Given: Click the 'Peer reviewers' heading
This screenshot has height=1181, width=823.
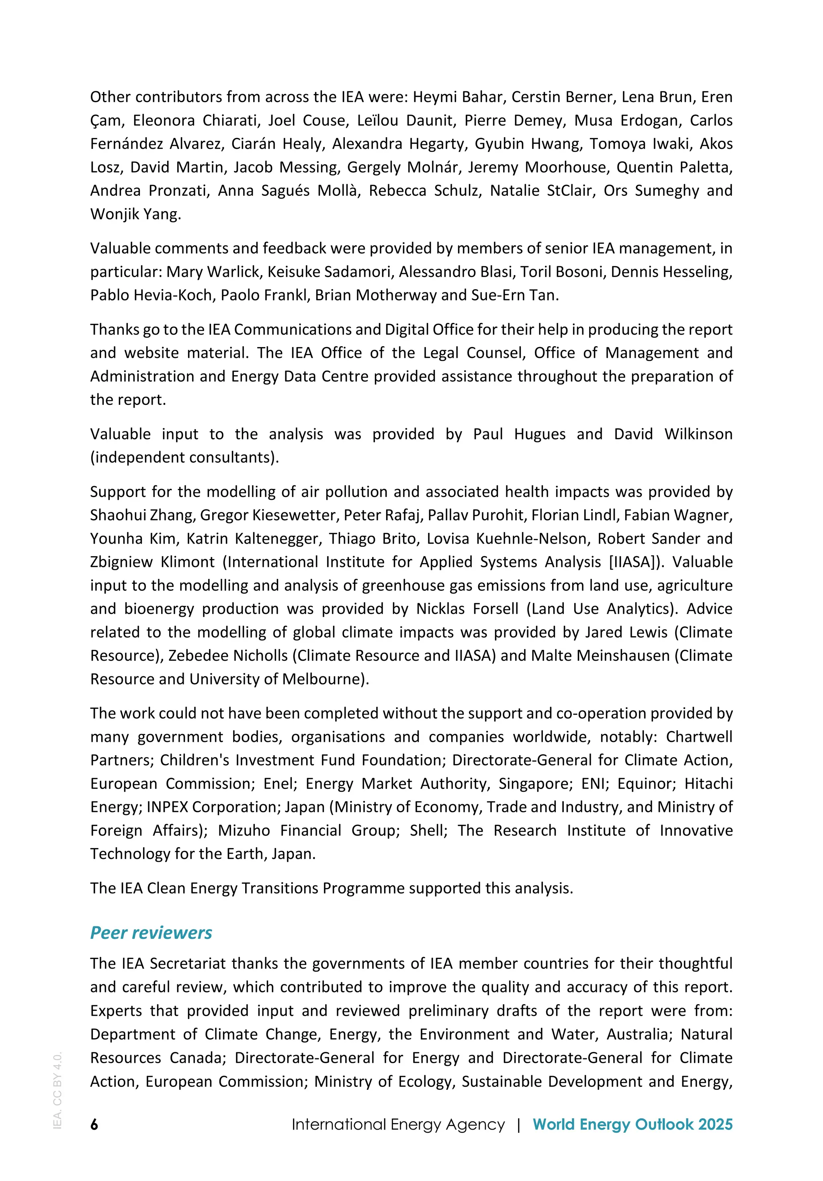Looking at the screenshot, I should click(151, 932).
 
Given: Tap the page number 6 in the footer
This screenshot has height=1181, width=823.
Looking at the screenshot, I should click(94, 1124).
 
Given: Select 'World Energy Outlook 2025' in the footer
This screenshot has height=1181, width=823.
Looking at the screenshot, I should click(632, 1124).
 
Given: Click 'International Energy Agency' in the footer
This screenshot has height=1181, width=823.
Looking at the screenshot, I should click(398, 1124).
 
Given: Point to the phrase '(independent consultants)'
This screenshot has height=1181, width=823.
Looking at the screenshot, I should click(184, 457).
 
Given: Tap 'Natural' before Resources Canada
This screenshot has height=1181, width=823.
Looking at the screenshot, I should click(706, 1034).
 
